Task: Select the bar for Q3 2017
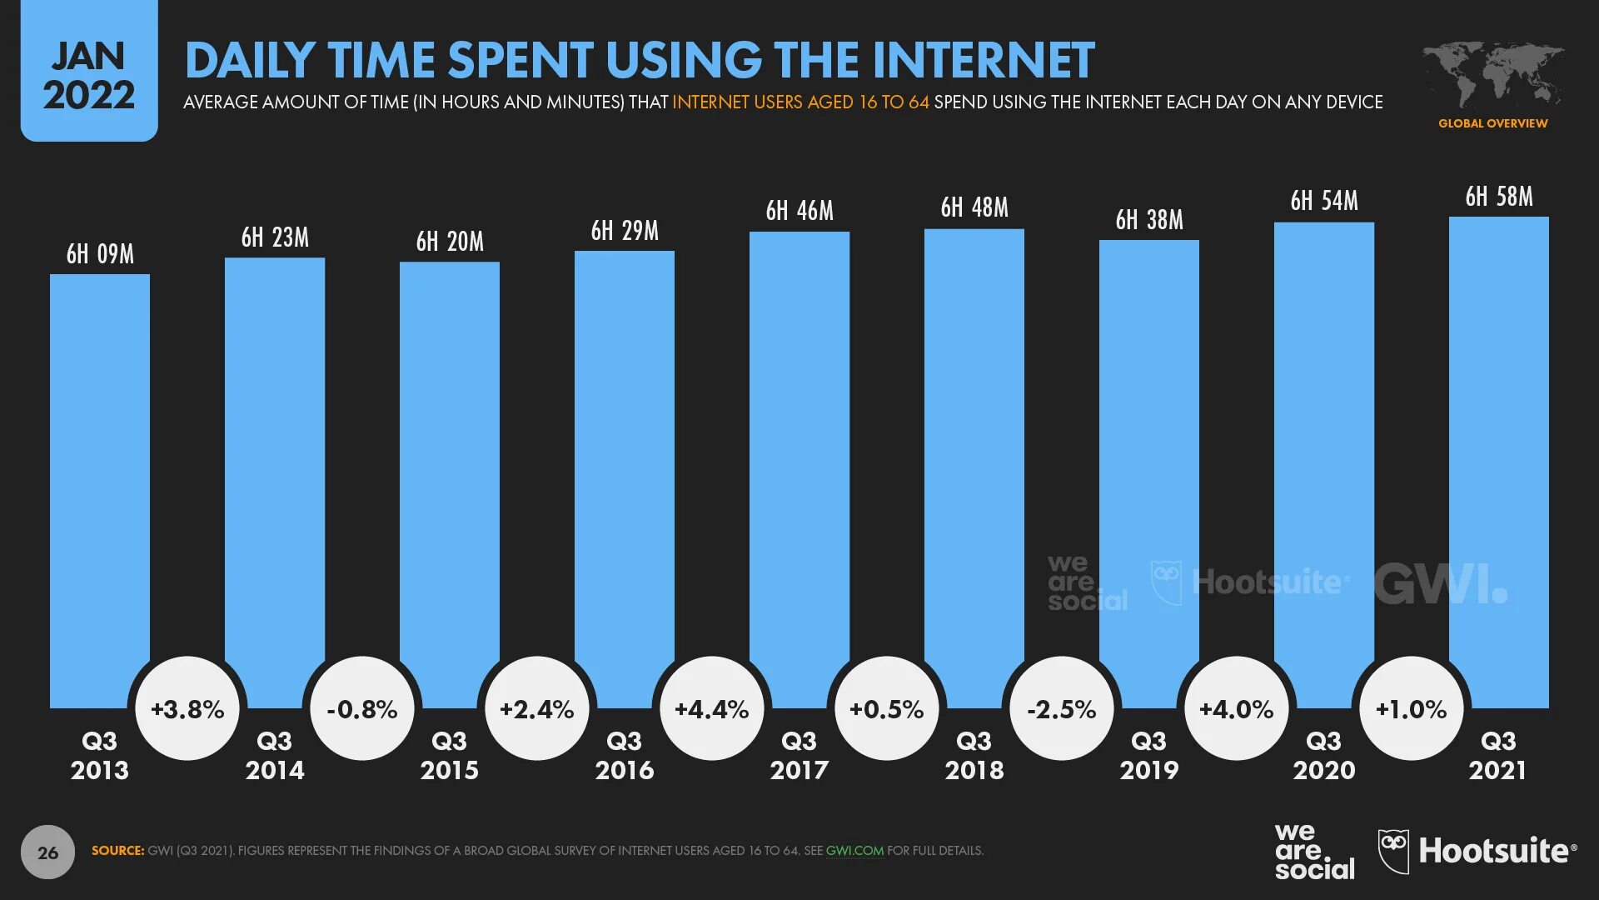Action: [x=799, y=467]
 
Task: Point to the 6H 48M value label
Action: [x=974, y=207]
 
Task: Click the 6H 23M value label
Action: [x=275, y=237]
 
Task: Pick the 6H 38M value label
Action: [x=1149, y=220]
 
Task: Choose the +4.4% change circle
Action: [x=711, y=709]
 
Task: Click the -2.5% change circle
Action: [x=1061, y=709]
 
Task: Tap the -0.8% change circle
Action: [x=361, y=709]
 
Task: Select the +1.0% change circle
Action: [x=1411, y=709]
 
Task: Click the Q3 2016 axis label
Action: [x=625, y=755]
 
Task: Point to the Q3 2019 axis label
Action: [x=1149, y=755]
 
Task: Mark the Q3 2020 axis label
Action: [x=1324, y=755]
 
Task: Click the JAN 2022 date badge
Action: [x=89, y=75]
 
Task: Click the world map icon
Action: [x=1492, y=75]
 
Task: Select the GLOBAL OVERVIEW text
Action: [x=1492, y=123]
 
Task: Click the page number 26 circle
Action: [x=47, y=852]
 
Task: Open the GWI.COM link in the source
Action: [x=854, y=851]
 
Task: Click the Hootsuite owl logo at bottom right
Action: [x=1393, y=851]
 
